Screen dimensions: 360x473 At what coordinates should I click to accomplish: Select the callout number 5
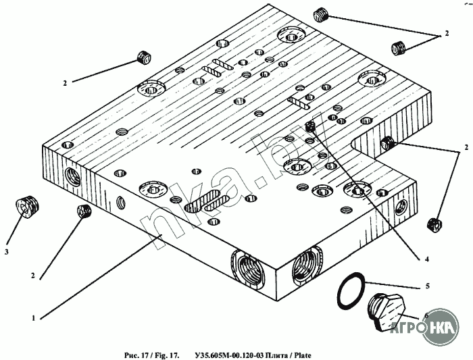click(426, 286)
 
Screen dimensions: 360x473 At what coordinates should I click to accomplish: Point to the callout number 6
click(426, 315)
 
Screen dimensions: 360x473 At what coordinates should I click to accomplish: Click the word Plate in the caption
click(302, 353)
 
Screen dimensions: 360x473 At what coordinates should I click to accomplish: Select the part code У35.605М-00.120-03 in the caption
click(230, 353)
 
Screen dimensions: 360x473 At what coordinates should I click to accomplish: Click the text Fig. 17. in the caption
click(166, 353)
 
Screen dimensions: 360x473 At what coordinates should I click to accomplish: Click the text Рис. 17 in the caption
click(135, 353)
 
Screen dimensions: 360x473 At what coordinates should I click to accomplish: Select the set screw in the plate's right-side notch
click(388, 143)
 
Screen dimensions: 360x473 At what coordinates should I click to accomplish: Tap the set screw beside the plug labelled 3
click(84, 211)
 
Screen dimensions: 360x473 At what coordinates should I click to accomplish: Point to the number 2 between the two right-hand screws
click(465, 147)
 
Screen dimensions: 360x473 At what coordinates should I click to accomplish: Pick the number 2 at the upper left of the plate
click(66, 83)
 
